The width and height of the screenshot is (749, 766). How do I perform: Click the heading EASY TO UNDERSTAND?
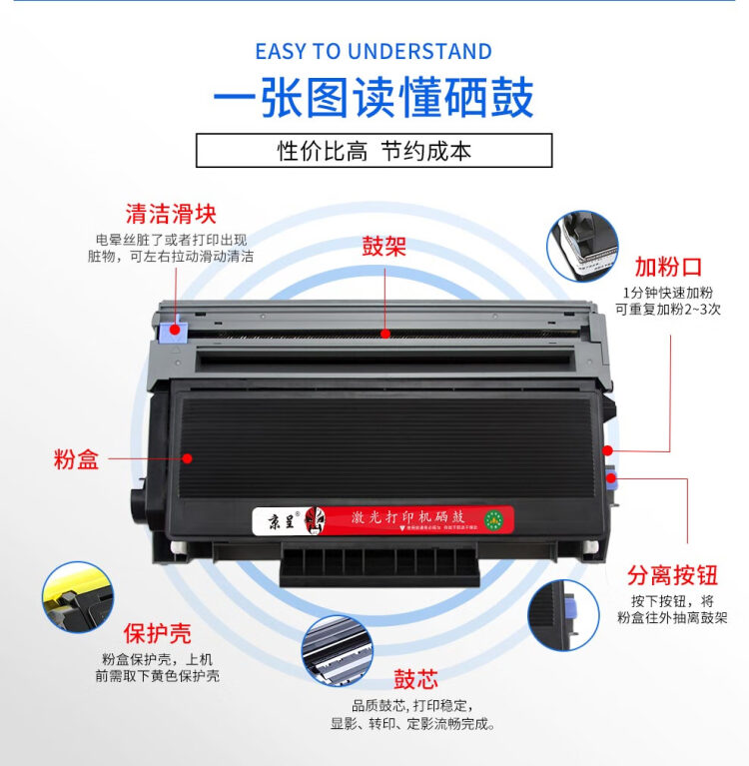pos(374,52)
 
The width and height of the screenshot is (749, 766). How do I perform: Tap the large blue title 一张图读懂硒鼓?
pos(374,98)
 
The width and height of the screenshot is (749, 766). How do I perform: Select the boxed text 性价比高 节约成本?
pos(374,151)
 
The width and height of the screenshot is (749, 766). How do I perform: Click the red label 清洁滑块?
pos(170,214)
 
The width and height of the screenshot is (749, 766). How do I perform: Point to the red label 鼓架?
pos(384,247)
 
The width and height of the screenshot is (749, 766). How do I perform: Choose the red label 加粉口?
pos(668,267)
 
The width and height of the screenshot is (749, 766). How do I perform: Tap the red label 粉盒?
pos(76,460)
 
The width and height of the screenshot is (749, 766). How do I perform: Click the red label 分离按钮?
pos(672,575)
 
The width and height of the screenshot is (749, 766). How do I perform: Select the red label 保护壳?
pos(157,634)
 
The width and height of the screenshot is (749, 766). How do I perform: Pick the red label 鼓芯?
pos(415,680)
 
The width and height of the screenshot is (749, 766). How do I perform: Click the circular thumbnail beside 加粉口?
pos(582,246)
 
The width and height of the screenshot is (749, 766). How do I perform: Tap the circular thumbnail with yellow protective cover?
pos(77,596)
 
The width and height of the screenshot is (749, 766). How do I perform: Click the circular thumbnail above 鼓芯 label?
pos(338,650)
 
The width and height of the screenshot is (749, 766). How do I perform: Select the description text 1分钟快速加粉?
pos(667,293)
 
